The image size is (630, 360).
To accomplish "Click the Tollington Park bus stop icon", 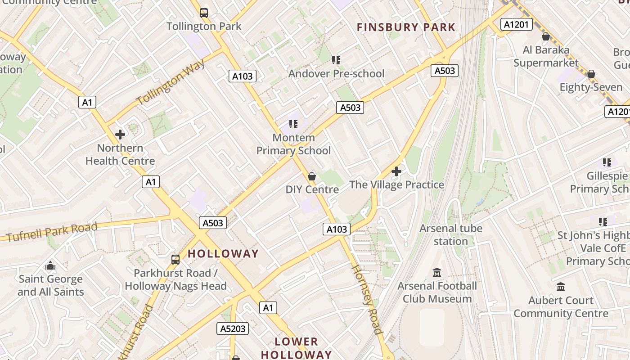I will click(204, 13).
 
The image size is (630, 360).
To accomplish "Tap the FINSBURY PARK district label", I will click(406, 27).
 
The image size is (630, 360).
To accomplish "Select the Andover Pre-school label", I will click(336, 73).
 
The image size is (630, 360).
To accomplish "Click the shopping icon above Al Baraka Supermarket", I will click(546, 36).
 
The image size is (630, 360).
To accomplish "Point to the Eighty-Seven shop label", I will click(590, 87).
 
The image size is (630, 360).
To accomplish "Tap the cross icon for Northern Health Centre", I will click(120, 135).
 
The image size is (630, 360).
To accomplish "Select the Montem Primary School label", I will click(293, 144).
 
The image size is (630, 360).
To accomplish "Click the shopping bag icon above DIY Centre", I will click(312, 176).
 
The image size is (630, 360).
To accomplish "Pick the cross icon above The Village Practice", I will click(396, 171).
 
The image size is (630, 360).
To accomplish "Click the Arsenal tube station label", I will click(451, 235).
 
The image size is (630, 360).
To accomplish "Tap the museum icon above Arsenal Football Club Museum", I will click(437, 273).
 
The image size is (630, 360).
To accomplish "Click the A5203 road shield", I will click(233, 329).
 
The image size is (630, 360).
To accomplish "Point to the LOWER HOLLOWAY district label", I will click(296, 348).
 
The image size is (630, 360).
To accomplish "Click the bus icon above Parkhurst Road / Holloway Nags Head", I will click(175, 260).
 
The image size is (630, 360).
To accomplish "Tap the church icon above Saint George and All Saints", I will click(50, 266).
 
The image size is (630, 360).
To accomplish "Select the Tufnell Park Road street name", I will click(52, 232).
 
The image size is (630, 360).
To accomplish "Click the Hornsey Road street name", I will click(366, 299).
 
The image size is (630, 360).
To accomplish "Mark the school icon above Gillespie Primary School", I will click(607, 162).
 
